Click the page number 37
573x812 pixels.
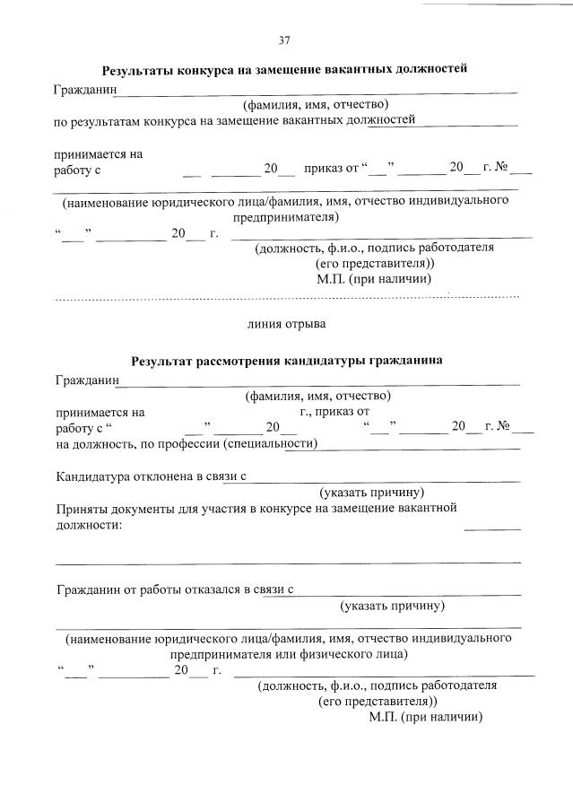pos(284,39)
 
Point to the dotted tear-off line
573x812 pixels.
pos(287,296)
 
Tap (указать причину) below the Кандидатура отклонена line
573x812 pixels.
pos(372,493)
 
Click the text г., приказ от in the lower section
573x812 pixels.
pos(334,412)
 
